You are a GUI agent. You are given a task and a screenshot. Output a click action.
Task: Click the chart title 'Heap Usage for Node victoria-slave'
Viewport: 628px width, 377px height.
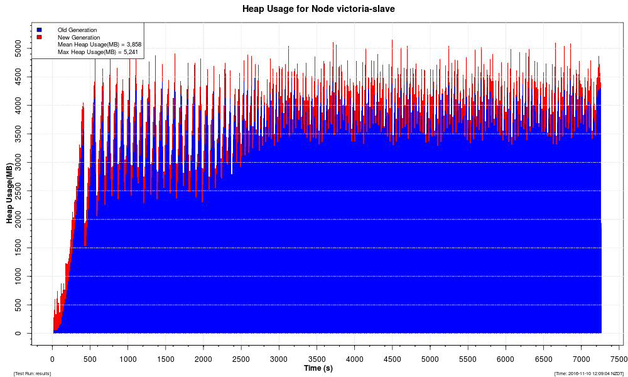[318, 9]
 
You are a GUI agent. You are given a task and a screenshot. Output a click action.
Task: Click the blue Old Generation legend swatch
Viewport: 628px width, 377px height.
[39, 30]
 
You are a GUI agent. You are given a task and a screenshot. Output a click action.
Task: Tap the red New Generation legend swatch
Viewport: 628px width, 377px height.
[39, 37]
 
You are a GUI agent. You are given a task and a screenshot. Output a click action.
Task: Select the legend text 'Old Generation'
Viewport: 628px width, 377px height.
[77, 30]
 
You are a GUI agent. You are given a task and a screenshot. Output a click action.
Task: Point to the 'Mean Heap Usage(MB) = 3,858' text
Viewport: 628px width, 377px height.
[99, 45]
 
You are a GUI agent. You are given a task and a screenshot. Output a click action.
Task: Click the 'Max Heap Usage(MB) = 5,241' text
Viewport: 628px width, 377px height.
[97, 52]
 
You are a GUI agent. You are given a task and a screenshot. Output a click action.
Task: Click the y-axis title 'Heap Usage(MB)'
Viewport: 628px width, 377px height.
[9, 194]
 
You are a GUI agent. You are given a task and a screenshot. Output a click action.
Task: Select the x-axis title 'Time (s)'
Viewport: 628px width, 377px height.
[318, 368]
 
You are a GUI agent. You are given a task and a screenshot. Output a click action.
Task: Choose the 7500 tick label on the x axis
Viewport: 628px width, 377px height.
[619, 359]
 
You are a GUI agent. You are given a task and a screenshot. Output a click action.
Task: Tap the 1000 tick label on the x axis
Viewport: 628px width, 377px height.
[127, 359]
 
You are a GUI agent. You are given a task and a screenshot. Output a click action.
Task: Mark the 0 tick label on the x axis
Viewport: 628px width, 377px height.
[52, 359]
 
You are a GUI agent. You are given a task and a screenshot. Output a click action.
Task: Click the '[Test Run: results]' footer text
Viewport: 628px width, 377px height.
[32, 373]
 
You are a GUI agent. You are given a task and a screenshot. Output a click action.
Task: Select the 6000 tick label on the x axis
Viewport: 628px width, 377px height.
[506, 359]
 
